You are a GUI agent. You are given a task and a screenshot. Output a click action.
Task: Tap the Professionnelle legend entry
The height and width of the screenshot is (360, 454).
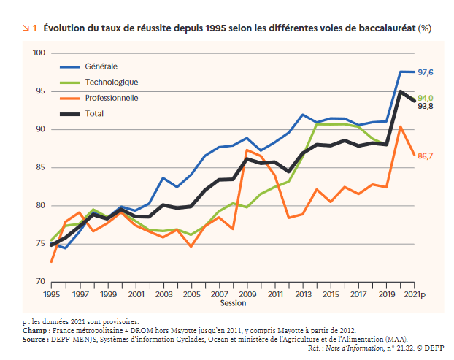pyautogui.click(x=112, y=98)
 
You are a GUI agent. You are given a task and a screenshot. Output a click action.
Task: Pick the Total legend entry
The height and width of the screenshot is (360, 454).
pyautogui.click(x=94, y=113)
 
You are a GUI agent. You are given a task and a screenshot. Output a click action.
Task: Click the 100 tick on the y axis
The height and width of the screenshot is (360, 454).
pyautogui.click(x=39, y=53)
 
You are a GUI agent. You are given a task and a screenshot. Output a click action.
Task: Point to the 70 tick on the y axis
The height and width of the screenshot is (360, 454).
pyautogui.click(x=42, y=281)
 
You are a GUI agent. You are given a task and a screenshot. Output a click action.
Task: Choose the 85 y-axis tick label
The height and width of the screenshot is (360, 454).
pyautogui.click(x=42, y=167)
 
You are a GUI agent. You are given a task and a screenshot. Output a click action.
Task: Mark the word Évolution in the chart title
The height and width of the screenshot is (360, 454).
pyautogui.click(x=64, y=28)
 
